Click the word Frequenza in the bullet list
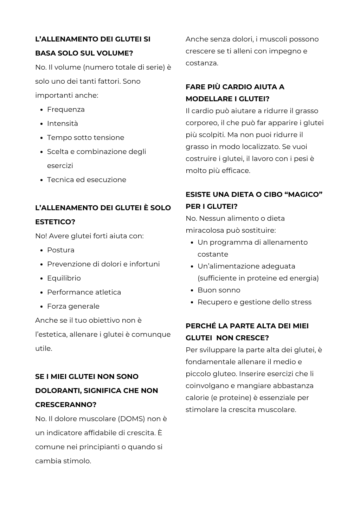click(x=66, y=110)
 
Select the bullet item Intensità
click(x=63, y=124)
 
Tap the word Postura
click(x=61, y=250)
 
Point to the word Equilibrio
click(x=64, y=278)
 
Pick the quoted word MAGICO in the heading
click(x=305, y=195)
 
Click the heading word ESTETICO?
click(x=55, y=222)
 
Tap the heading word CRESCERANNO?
click(x=66, y=405)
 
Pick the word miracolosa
click(x=205, y=231)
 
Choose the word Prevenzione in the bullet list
click(x=69, y=264)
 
